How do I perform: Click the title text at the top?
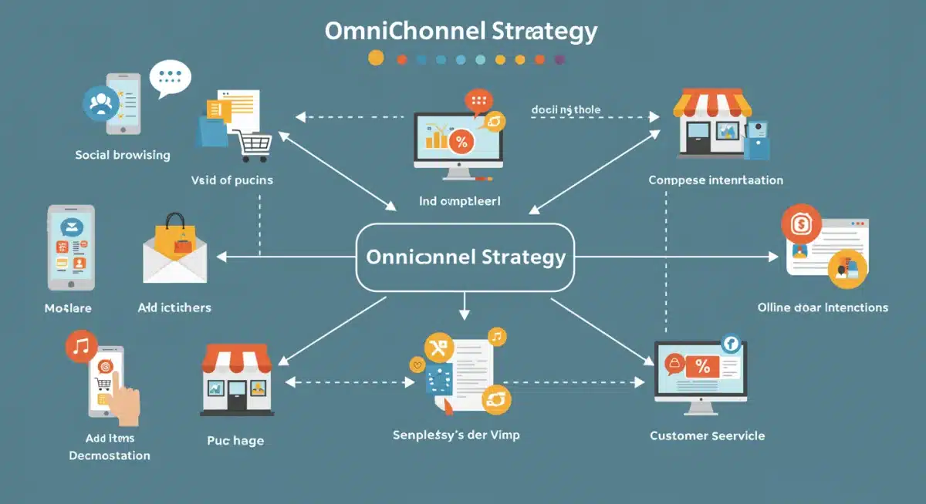(x=461, y=32)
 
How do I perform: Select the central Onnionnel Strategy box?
(x=465, y=257)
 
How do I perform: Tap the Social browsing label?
(x=123, y=155)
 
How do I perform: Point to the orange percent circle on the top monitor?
(x=461, y=141)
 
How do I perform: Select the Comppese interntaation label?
(x=715, y=180)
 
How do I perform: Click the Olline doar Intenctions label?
(x=823, y=307)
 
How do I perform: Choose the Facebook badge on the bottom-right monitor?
(x=729, y=344)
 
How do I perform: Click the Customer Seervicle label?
(x=707, y=436)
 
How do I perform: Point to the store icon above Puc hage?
(x=235, y=377)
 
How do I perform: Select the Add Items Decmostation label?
(x=109, y=447)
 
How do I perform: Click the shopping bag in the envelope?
(x=175, y=234)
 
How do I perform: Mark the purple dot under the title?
(x=559, y=59)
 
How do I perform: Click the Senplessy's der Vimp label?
(x=456, y=435)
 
